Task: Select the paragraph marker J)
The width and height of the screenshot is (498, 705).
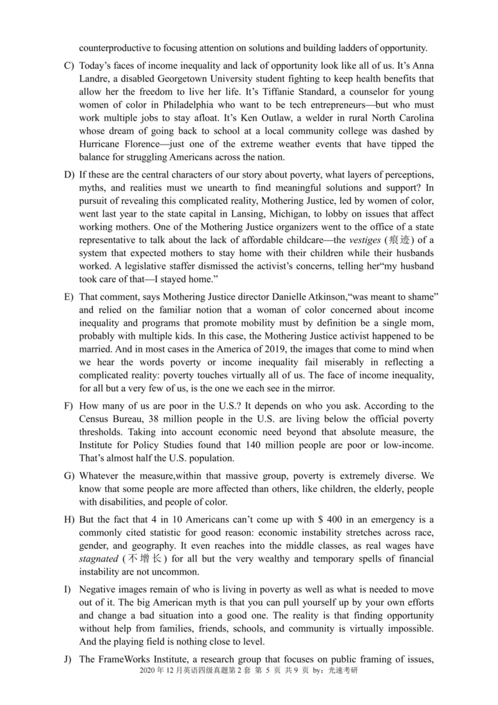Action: tap(68, 658)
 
